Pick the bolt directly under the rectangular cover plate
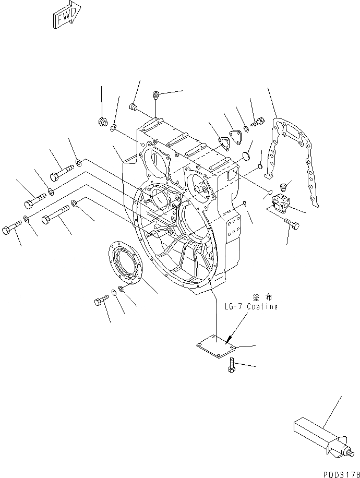pyautogui.click(x=231, y=365)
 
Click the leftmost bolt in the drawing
pyautogui.click(x=12, y=229)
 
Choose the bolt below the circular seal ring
pyautogui.click(x=101, y=301)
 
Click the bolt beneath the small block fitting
pyautogui.click(x=293, y=223)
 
